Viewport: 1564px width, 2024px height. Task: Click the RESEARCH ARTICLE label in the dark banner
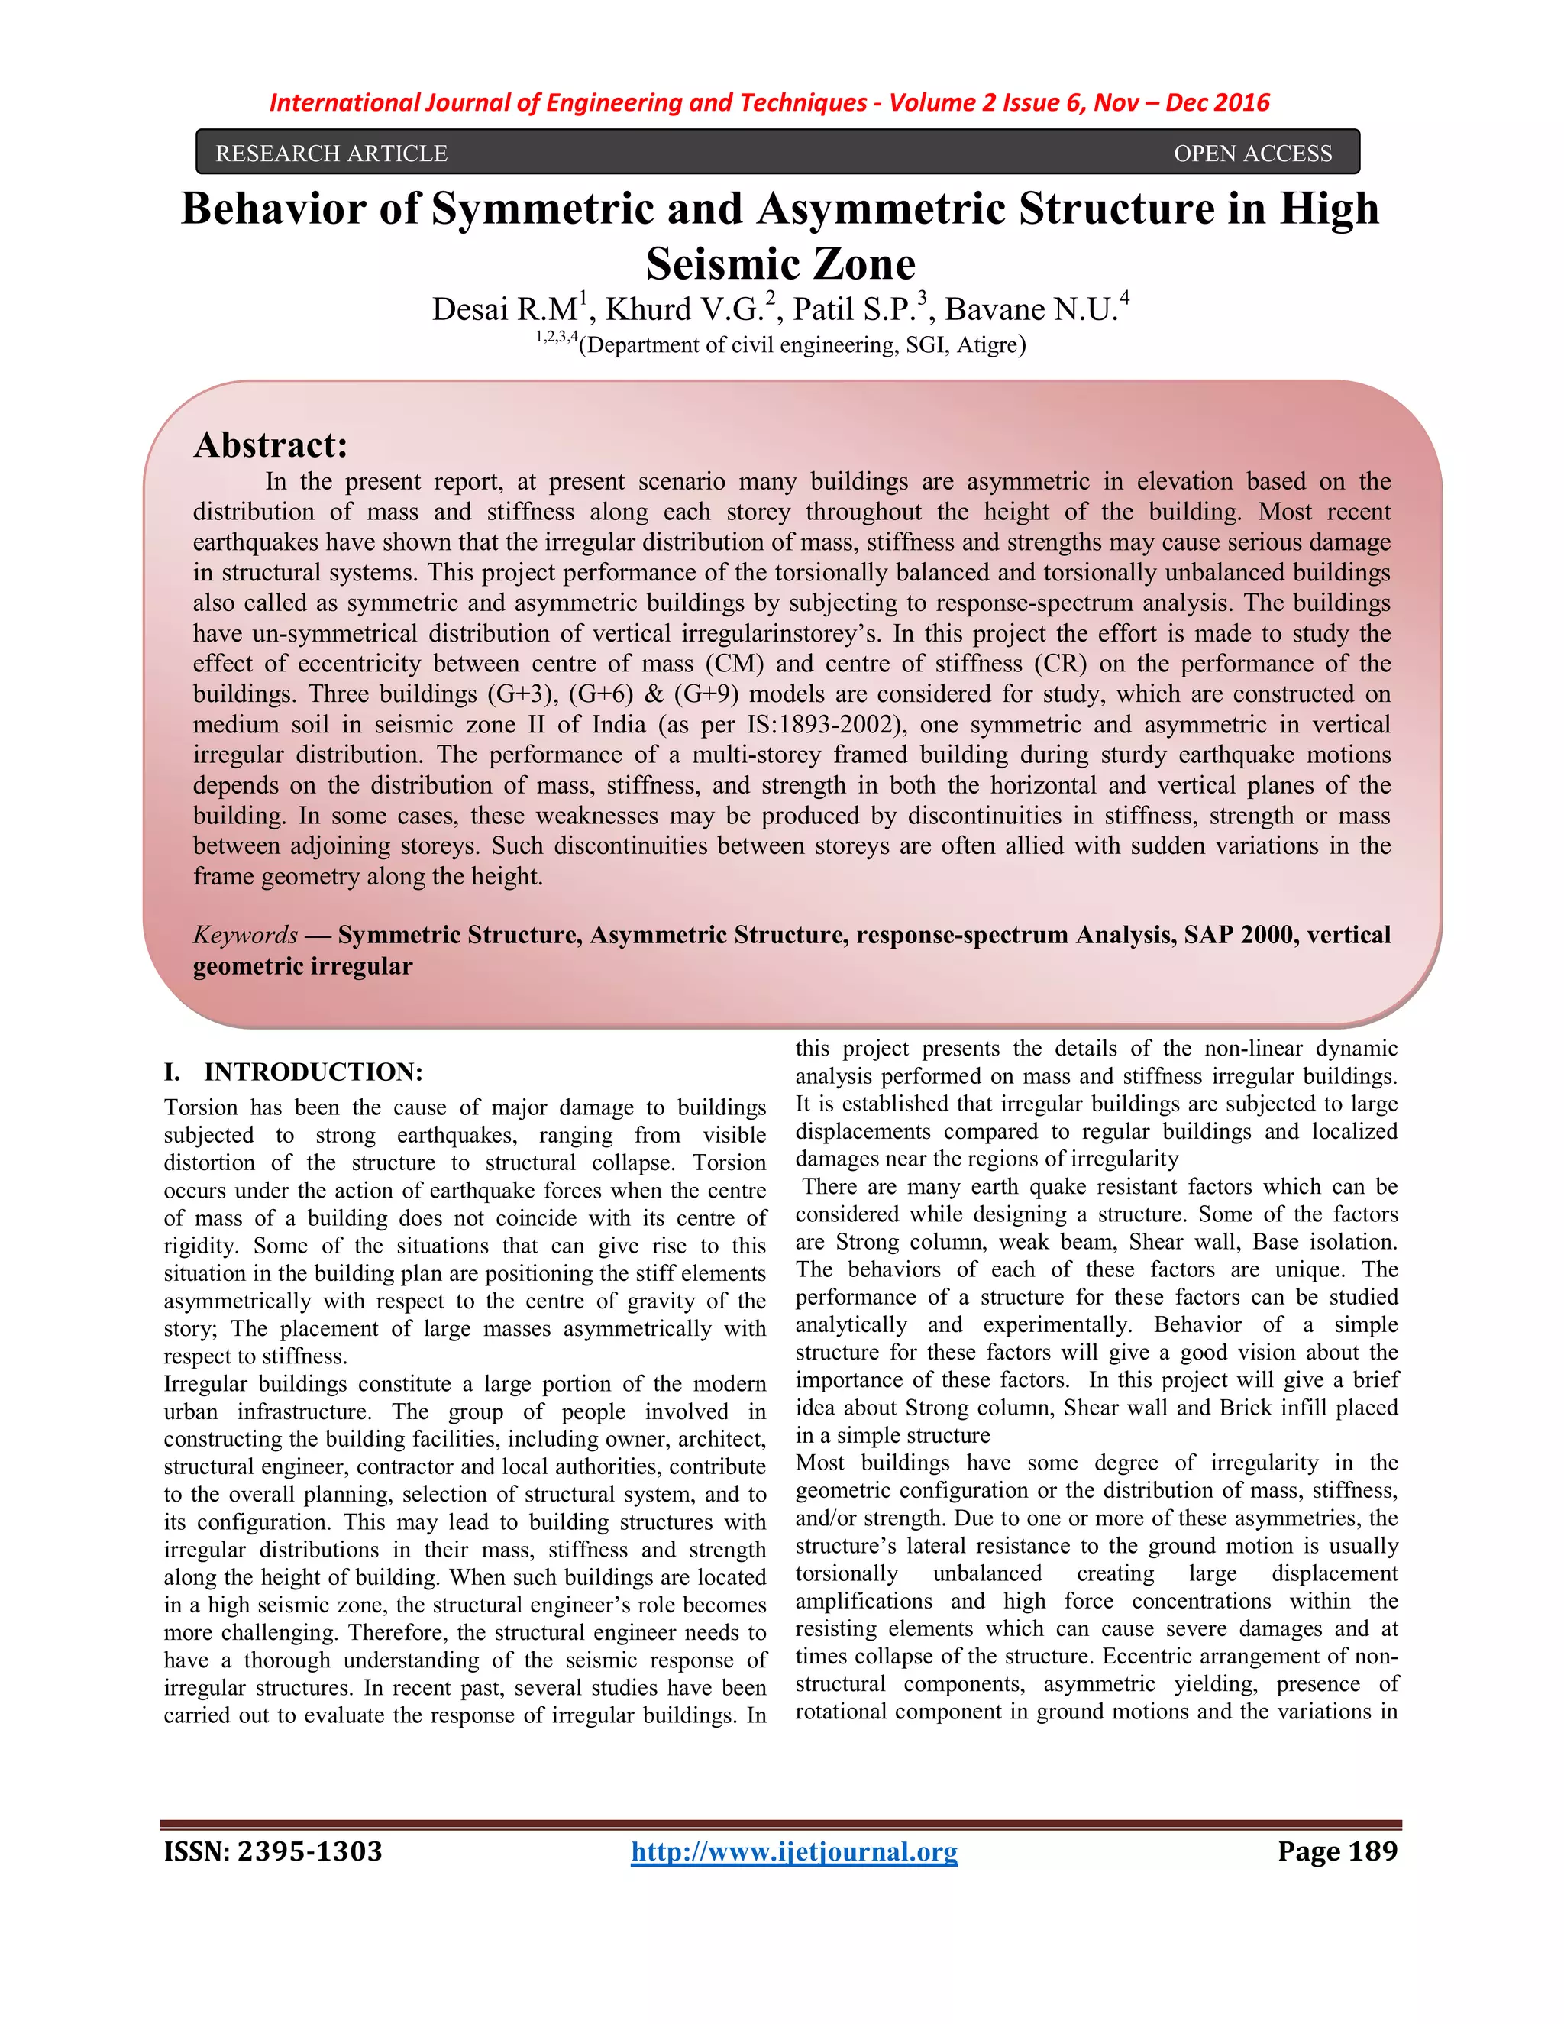point(331,153)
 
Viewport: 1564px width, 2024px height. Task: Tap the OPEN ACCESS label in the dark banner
point(1252,153)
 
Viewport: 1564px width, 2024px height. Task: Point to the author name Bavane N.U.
point(1029,309)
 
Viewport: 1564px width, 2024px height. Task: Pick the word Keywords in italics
point(244,934)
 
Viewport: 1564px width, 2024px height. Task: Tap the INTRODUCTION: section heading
point(313,1072)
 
